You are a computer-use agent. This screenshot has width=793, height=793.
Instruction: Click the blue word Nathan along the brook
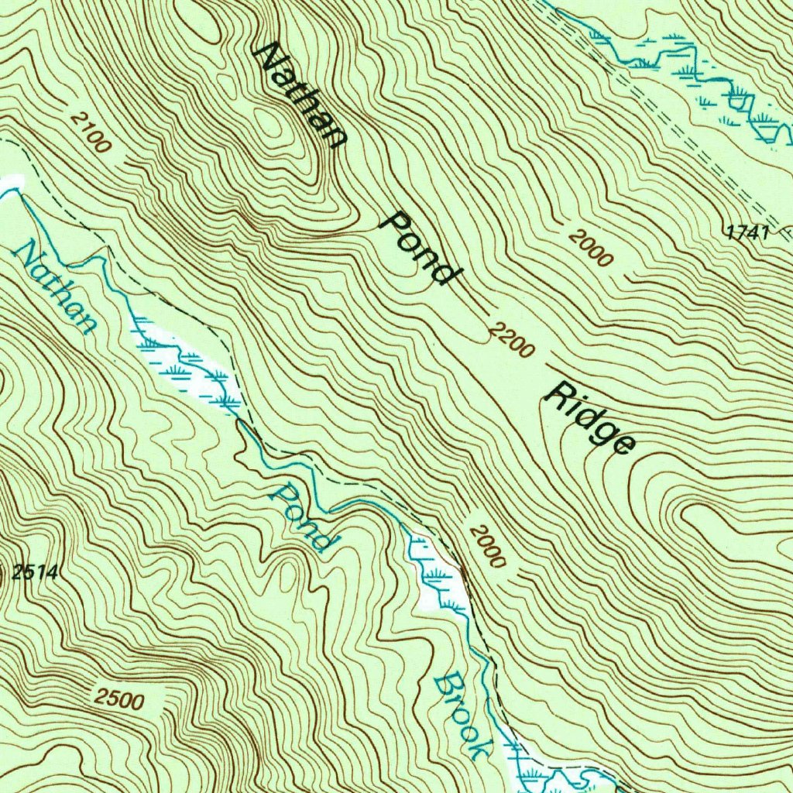(56, 287)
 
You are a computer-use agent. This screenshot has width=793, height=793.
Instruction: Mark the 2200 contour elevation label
(512, 341)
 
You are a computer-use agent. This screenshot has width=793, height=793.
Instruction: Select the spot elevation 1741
(747, 231)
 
